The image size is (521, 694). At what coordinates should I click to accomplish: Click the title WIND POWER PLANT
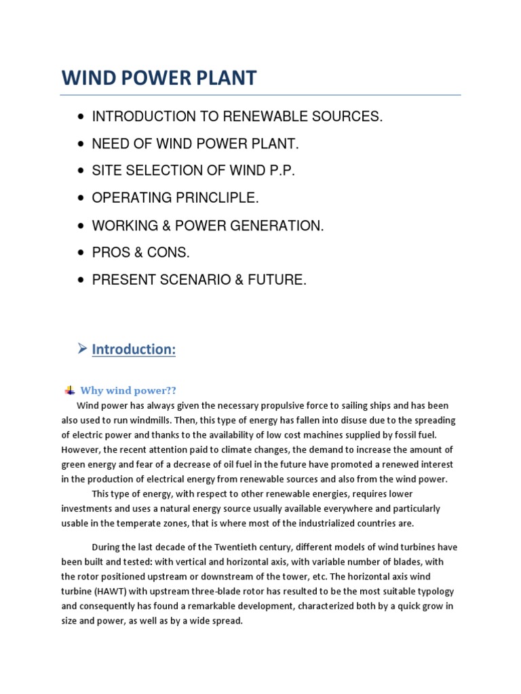click(159, 78)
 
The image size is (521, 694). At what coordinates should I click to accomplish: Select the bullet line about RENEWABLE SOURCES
click(237, 117)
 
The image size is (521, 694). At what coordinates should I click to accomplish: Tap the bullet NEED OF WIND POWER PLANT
click(195, 144)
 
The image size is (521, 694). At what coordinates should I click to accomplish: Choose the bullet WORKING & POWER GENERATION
click(208, 226)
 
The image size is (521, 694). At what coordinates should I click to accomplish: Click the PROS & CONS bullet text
click(141, 253)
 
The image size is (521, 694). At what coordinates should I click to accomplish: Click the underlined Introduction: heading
click(134, 349)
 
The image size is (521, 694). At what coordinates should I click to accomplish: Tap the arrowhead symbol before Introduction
click(81, 349)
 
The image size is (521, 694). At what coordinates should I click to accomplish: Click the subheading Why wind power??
click(128, 390)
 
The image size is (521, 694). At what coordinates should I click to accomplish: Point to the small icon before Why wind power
click(69, 390)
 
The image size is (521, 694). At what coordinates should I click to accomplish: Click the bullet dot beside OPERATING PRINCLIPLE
click(81, 199)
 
